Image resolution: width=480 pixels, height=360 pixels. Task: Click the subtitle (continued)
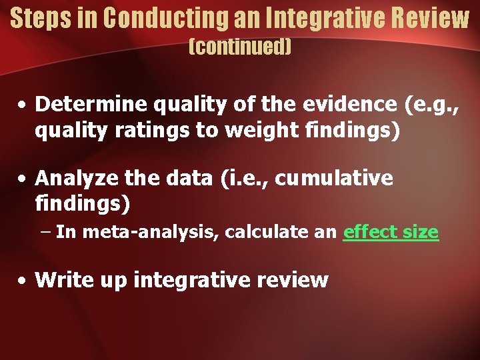pyautogui.click(x=240, y=47)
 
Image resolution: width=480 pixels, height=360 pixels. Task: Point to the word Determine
pyautogui.click(x=93, y=104)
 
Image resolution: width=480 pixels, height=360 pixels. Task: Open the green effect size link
pyautogui.click(x=391, y=232)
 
